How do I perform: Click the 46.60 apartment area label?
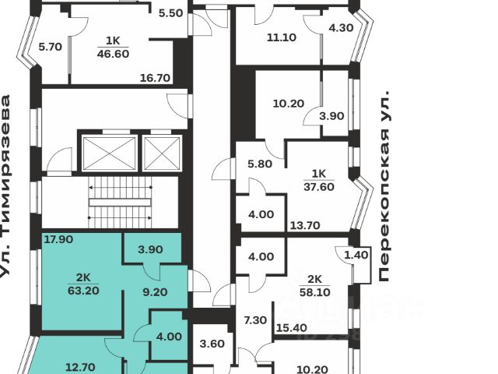[113, 55]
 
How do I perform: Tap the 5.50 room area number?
[170, 13]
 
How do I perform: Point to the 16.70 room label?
[156, 78]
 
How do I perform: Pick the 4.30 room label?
[342, 28]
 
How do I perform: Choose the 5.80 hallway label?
[260, 164]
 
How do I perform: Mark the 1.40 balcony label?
[355, 255]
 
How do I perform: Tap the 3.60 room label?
[212, 344]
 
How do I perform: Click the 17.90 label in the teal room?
[58, 239]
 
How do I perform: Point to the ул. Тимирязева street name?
[8, 187]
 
